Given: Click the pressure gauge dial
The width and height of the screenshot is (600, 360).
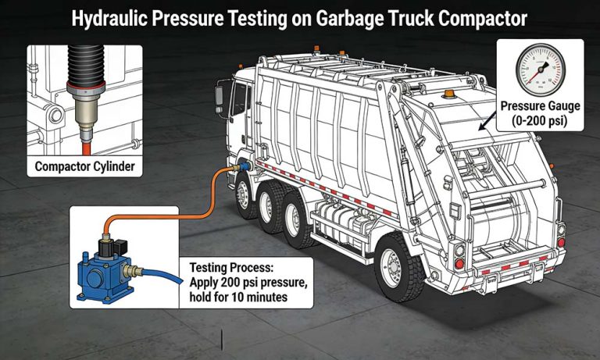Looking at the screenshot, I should click(x=542, y=72).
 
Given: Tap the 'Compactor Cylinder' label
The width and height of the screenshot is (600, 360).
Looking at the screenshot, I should click(x=85, y=166).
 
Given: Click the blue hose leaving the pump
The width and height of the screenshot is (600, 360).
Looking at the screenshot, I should click(x=168, y=273).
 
